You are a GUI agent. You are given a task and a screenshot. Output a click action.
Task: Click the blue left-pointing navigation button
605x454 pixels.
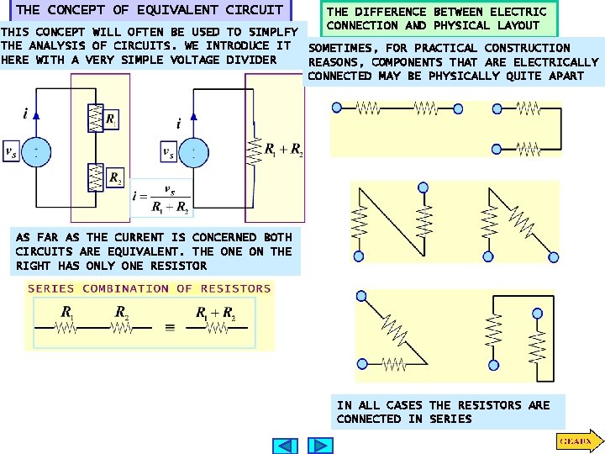pyautogui.click(x=287, y=446)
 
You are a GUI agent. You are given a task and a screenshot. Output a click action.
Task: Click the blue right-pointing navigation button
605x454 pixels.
pyautogui.click(x=320, y=446)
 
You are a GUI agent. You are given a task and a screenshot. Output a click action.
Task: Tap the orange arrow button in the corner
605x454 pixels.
pyautogui.click(x=577, y=441)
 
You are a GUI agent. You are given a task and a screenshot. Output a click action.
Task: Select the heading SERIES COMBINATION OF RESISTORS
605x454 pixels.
pyautogui.click(x=150, y=288)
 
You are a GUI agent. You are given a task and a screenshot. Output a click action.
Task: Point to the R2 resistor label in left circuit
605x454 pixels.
pyautogui.click(x=115, y=180)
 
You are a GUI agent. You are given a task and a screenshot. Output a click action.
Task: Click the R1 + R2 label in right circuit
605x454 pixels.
pyautogui.click(x=283, y=150)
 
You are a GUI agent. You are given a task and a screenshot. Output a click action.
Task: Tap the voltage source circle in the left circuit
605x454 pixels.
pyautogui.click(x=35, y=150)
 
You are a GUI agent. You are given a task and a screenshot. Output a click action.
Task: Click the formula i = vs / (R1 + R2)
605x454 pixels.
pyautogui.click(x=160, y=199)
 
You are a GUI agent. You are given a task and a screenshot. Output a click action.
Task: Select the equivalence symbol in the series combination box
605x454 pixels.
pyautogui.click(x=170, y=329)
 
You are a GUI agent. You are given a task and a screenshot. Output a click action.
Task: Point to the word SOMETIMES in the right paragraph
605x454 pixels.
pyautogui.click(x=340, y=48)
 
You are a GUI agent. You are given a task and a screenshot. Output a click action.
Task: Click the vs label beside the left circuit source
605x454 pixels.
pyautogui.click(x=11, y=151)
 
